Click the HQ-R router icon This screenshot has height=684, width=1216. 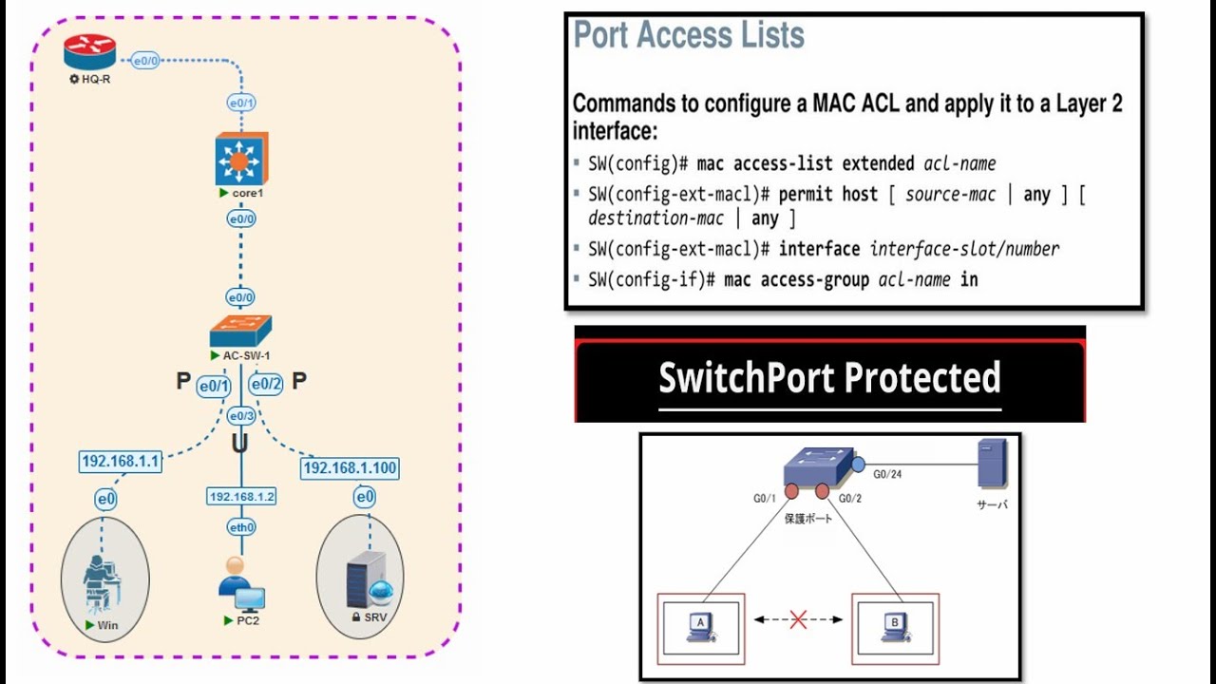click(x=90, y=53)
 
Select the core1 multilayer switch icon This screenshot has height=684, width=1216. click(x=241, y=159)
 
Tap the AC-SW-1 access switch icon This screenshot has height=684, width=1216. click(x=240, y=331)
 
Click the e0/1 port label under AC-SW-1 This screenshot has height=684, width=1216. click(x=214, y=386)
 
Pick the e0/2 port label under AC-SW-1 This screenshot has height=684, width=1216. click(x=265, y=385)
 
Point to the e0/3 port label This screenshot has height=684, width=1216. click(x=241, y=416)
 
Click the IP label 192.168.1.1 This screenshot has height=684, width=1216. click(x=121, y=462)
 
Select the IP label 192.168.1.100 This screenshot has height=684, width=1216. click(x=350, y=468)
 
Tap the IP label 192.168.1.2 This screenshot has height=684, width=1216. click(x=241, y=497)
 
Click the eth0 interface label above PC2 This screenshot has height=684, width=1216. click(x=241, y=527)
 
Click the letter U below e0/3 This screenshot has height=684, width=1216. click(x=241, y=445)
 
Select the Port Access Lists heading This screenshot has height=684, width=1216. click(x=689, y=36)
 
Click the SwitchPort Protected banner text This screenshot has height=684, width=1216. click(x=829, y=377)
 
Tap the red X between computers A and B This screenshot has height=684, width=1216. click(x=798, y=620)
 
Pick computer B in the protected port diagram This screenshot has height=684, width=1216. click(x=894, y=626)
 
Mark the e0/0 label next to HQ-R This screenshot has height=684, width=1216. click(x=145, y=61)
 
